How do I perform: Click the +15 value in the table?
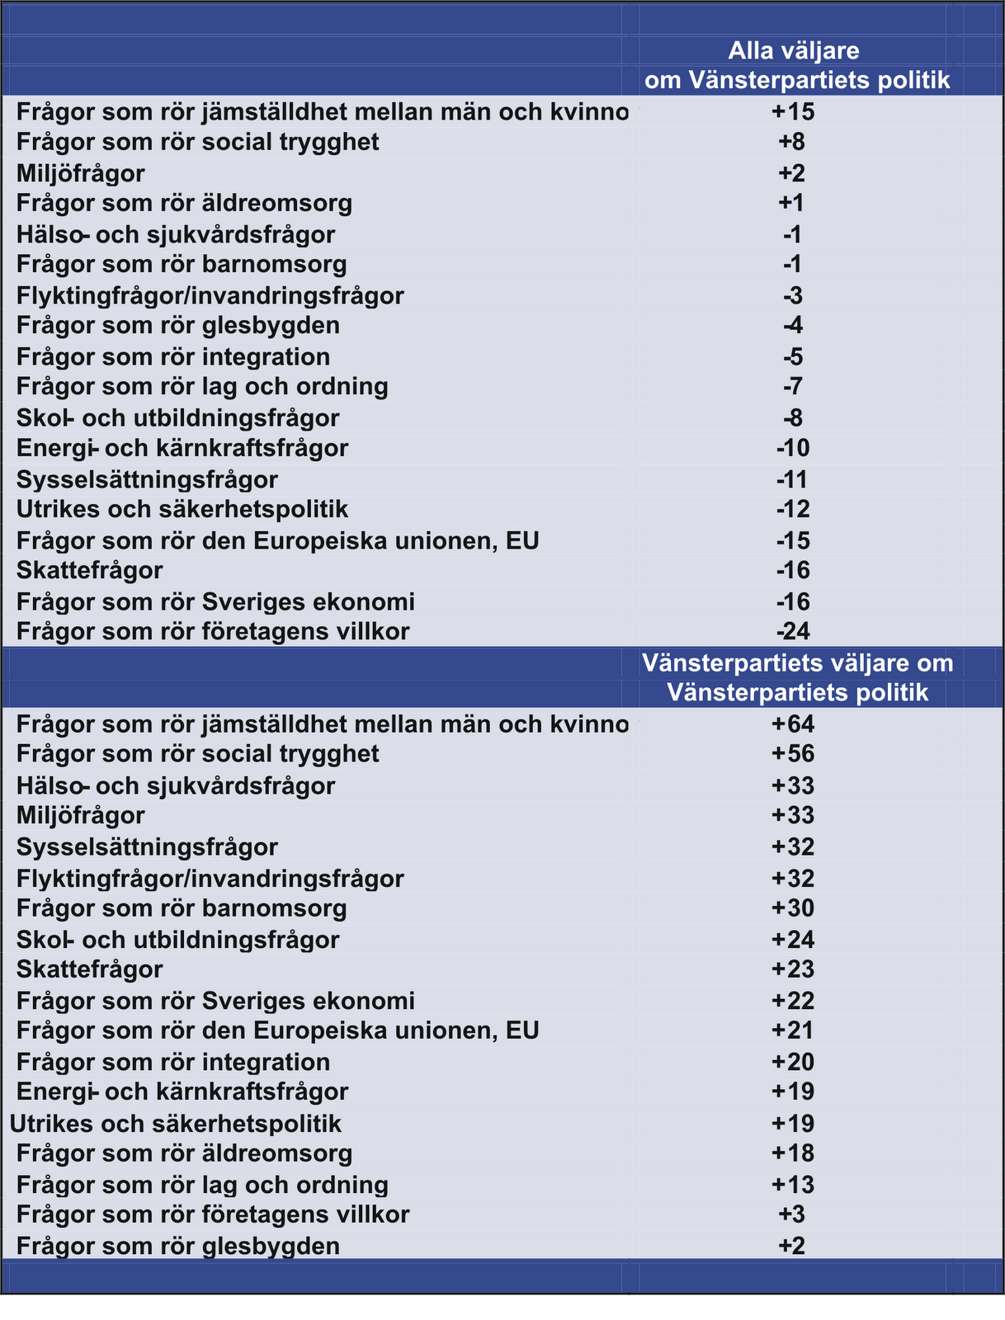point(792,111)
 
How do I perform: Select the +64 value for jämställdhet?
point(792,724)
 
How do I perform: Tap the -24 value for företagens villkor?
point(792,632)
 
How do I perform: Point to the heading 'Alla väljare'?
point(793,51)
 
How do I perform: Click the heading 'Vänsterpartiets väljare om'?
point(797,663)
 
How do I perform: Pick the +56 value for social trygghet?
point(792,754)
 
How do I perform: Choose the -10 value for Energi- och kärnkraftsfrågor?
point(792,448)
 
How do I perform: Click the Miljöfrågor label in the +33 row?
point(81,816)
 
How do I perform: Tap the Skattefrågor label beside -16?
point(90,571)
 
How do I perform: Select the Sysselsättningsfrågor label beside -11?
point(147,479)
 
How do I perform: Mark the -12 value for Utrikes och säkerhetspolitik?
point(792,510)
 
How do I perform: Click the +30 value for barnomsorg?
point(792,908)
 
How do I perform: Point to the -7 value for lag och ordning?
point(792,386)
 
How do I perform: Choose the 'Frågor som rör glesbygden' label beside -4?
point(178,326)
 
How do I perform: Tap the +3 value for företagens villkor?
point(792,1214)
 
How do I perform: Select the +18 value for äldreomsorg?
point(792,1153)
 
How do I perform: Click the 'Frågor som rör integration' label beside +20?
point(173,1062)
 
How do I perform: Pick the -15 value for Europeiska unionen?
point(792,540)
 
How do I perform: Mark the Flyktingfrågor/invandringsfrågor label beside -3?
point(210,295)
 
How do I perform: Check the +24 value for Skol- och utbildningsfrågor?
point(792,940)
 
